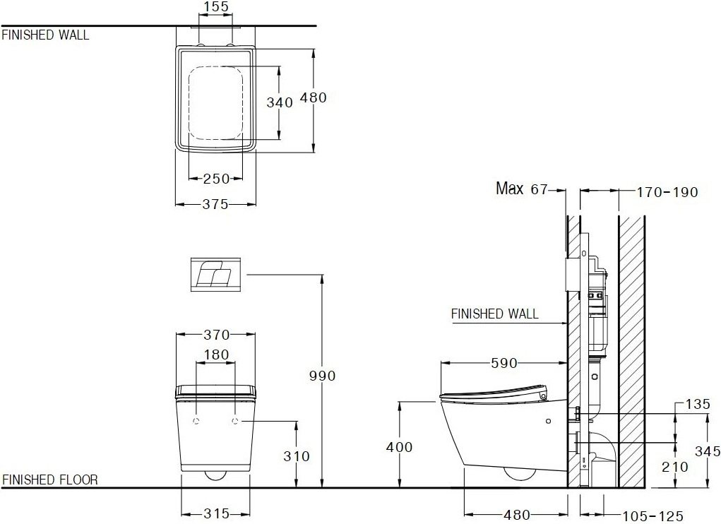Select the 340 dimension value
[279, 102]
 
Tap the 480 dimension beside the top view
[314, 98]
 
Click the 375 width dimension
[215, 204]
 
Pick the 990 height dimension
[321, 376]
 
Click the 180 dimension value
[215, 355]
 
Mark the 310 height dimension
[295, 456]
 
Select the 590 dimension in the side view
[504, 364]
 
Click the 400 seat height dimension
[400, 447]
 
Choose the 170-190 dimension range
[667, 192]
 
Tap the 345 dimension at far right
[708, 451]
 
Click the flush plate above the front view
[216, 274]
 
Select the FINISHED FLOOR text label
[50, 480]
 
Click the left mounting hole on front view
[196, 422]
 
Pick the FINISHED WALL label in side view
[494, 314]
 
